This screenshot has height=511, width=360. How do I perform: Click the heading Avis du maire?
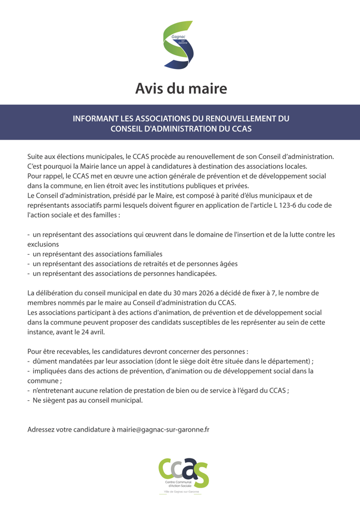(x=180, y=88)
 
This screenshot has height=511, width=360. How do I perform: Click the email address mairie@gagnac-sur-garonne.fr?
(x=163, y=430)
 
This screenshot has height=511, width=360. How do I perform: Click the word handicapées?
(x=196, y=273)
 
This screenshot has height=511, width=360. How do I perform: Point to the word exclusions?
(x=43, y=244)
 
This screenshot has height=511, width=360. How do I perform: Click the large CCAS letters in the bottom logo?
(x=183, y=470)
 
